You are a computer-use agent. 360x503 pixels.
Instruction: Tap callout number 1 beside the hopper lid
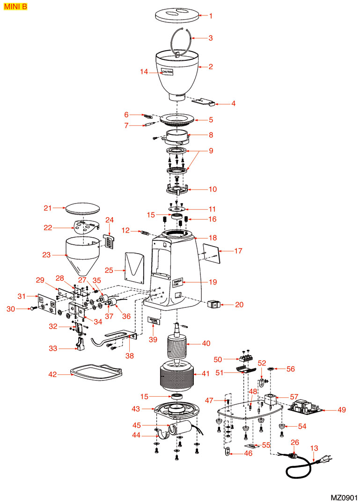pos(211,16)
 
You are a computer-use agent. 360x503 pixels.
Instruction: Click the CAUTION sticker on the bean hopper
pos(167,72)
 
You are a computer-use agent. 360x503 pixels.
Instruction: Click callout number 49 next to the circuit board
pos(342,410)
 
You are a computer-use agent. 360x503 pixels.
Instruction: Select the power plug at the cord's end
pos(324,463)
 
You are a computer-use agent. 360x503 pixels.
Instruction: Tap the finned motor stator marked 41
pos(177,377)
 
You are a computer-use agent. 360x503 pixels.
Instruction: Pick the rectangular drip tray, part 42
pos(96,372)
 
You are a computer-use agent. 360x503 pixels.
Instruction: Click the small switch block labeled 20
pos(213,305)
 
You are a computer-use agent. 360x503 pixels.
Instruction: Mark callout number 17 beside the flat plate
pos(238,251)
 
